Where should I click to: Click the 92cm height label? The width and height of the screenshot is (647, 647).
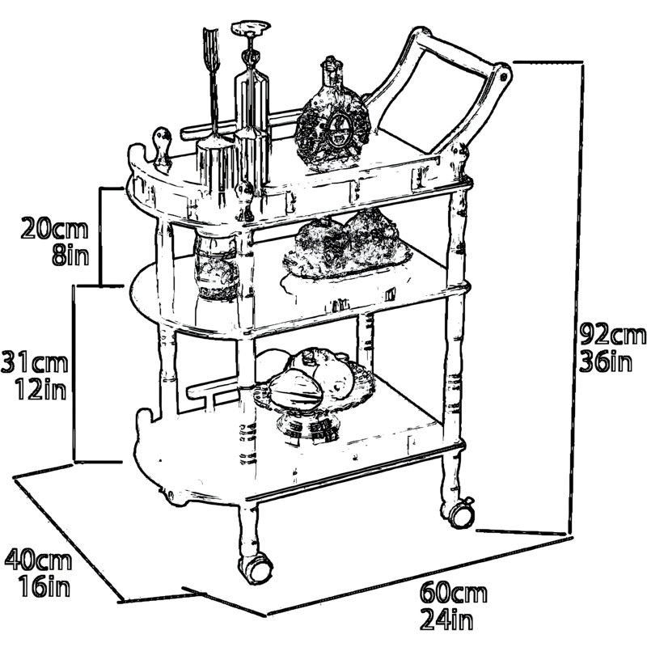613,335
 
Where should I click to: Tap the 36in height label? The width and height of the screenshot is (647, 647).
606,362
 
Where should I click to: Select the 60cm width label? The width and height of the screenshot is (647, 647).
454,594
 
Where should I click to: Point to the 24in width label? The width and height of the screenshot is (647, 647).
447,620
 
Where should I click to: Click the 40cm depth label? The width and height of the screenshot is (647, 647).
38,560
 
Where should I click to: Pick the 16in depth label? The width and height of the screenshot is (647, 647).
44,586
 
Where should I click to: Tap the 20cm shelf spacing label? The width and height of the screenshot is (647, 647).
54,229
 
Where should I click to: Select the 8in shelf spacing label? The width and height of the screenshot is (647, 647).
70,255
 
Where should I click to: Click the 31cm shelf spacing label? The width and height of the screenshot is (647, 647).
34,363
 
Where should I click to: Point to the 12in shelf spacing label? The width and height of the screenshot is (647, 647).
41,390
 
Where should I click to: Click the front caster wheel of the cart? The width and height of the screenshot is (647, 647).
256,569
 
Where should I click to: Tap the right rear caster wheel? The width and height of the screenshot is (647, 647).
459,514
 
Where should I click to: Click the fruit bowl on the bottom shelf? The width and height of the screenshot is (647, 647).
312,394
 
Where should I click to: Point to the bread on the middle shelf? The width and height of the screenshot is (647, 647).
348,244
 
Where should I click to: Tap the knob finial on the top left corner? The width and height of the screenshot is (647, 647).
163,150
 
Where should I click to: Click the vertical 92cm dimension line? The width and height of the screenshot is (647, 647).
577,297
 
